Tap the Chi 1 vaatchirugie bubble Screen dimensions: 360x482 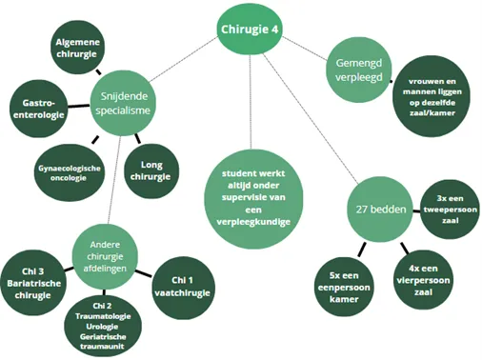[186, 285]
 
